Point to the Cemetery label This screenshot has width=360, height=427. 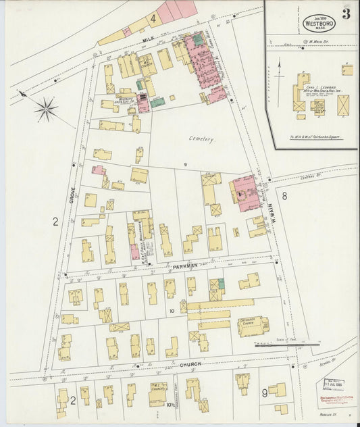tap(201, 139)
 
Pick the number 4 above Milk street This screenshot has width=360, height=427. tap(153, 18)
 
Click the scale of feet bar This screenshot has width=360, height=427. tap(287, 343)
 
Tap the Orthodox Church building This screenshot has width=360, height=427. tap(252, 326)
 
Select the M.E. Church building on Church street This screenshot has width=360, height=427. tap(158, 393)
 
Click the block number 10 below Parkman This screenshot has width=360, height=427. tap(172, 311)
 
